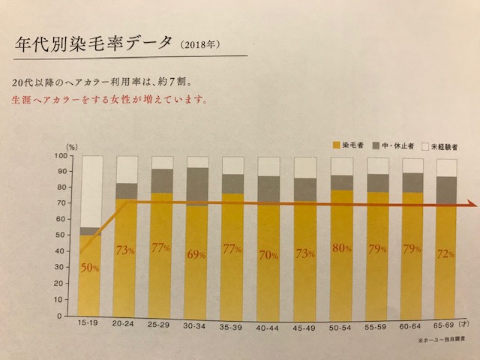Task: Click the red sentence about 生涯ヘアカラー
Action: click(x=104, y=98)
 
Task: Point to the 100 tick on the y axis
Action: click(x=59, y=155)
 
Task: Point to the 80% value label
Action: click(x=341, y=249)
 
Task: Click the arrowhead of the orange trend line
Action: click(x=472, y=203)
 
